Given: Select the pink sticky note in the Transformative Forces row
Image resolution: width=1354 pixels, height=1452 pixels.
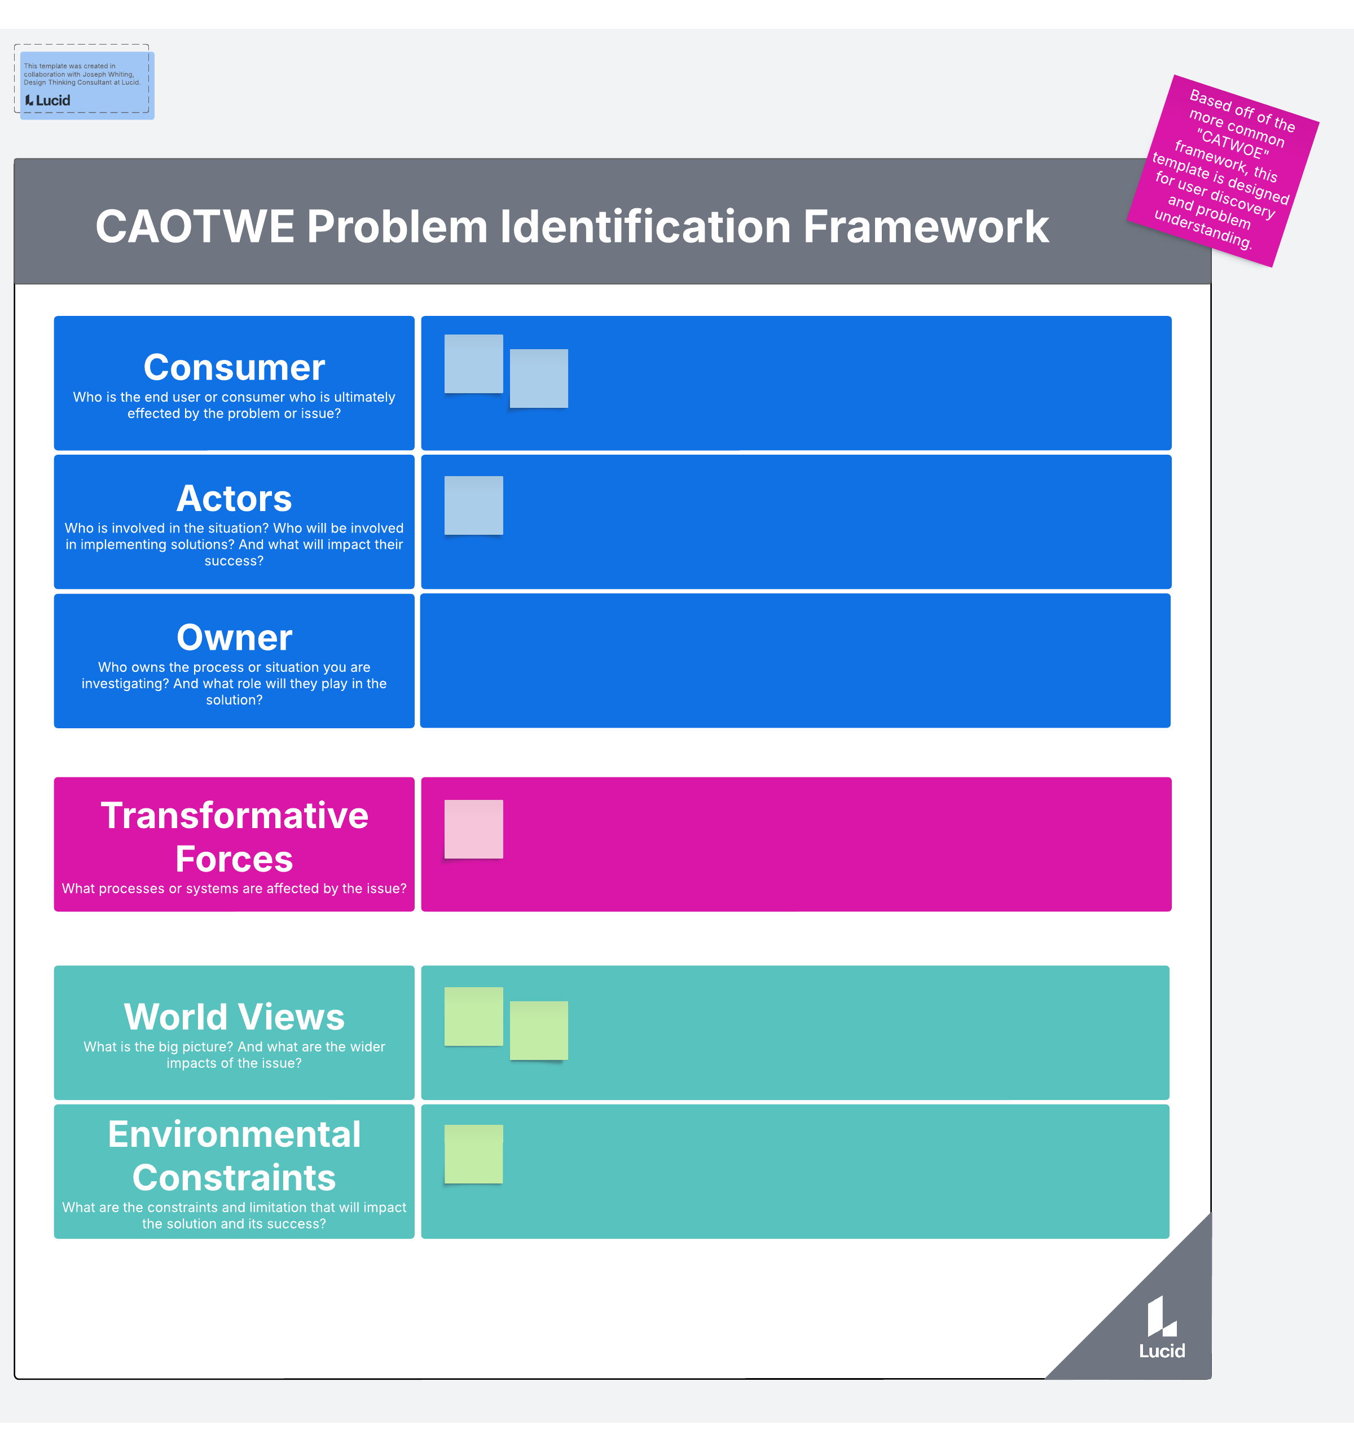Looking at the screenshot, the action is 474,829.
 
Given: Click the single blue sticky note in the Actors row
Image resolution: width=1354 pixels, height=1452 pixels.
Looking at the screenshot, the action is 474,505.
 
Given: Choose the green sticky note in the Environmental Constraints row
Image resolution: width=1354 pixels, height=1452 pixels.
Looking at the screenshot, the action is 474,1154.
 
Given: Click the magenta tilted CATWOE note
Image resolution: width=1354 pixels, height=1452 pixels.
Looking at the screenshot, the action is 1223,171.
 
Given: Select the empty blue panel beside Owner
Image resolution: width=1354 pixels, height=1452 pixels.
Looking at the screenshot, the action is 795,660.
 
